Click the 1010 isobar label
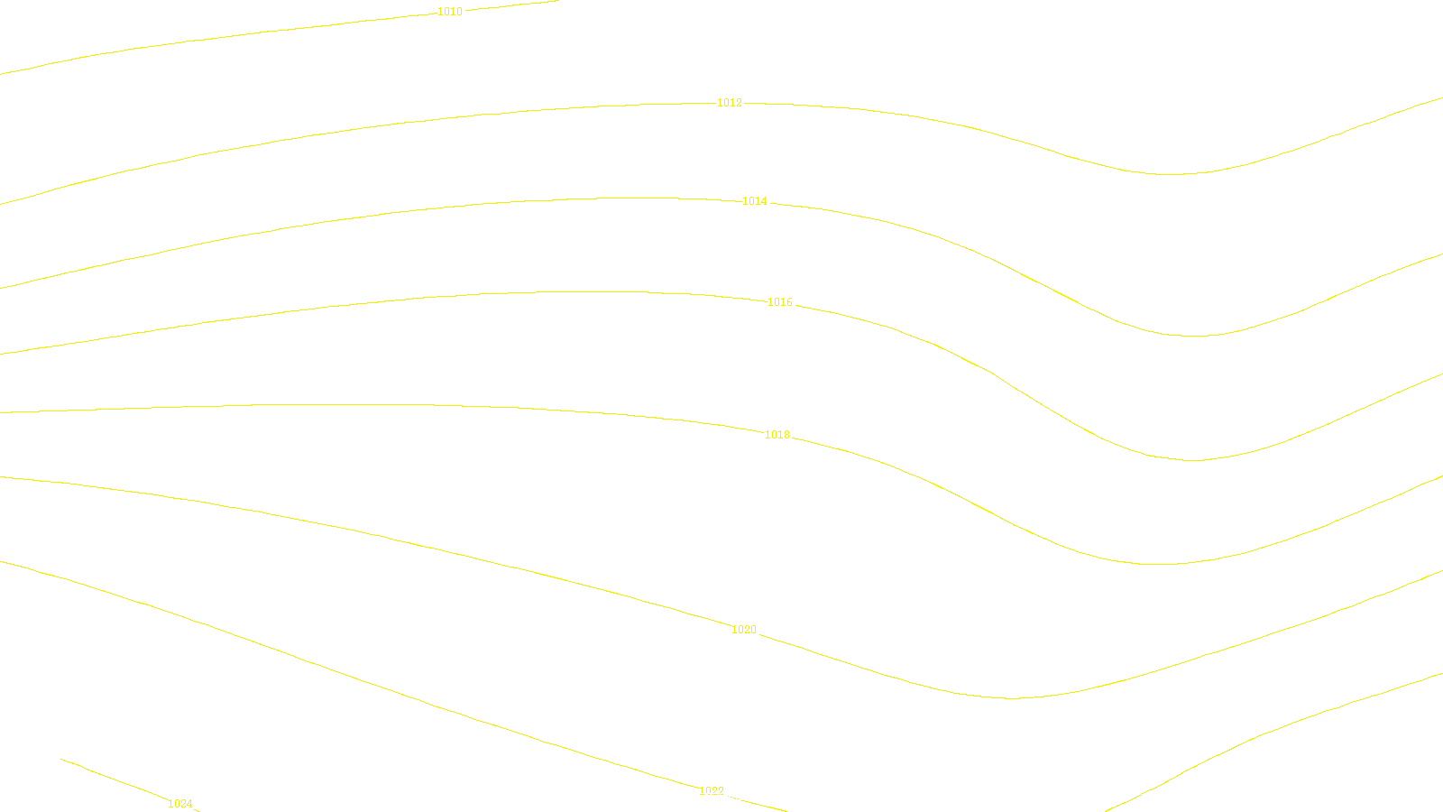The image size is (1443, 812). click(449, 12)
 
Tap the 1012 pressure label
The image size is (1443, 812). click(729, 103)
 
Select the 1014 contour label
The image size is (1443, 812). click(754, 201)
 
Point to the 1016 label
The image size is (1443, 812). click(779, 302)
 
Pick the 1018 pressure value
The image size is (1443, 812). click(777, 435)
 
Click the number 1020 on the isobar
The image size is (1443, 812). click(743, 630)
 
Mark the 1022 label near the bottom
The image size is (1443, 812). click(712, 790)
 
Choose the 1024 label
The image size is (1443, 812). click(180, 804)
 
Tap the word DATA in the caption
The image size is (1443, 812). click(762, 798)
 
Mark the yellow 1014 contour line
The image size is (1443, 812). click(361, 217)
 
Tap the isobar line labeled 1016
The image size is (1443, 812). click(361, 302)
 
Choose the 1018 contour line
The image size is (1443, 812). click(361, 404)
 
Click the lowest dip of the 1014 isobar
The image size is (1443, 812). click(1193, 336)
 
